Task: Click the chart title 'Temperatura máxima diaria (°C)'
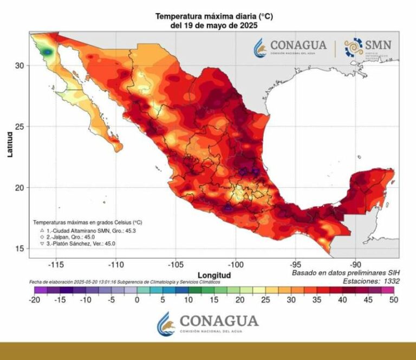(x=213, y=17)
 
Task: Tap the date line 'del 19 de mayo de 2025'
(x=213, y=25)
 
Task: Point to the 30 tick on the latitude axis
(x=19, y=66)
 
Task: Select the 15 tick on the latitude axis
(x=19, y=248)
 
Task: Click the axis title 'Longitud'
(x=214, y=275)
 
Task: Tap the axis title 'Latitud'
(x=10, y=145)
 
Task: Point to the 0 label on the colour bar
(x=136, y=300)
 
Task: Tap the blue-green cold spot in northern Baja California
(x=49, y=52)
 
